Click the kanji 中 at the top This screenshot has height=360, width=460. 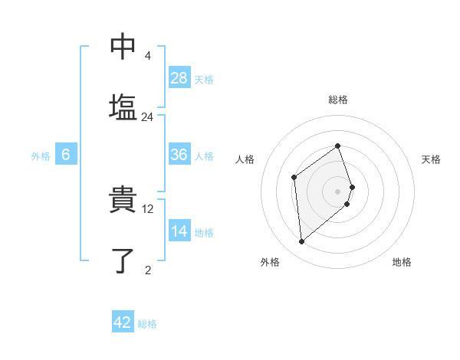(123, 47)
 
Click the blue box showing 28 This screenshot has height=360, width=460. (179, 78)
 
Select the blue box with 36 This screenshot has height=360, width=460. (179, 155)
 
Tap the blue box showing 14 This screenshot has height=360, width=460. (179, 232)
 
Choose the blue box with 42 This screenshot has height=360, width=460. (123, 322)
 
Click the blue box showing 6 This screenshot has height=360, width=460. (66, 155)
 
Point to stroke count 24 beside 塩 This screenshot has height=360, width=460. (148, 117)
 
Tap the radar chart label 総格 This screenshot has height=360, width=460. (338, 100)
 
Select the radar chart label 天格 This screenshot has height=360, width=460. (431, 159)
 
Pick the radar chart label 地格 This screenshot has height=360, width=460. (402, 263)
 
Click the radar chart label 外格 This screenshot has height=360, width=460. (270, 263)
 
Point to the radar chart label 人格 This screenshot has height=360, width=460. (245, 159)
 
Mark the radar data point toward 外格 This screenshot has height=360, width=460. (301, 242)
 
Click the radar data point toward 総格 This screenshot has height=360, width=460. (337, 146)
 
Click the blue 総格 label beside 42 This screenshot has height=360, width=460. (147, 324)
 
